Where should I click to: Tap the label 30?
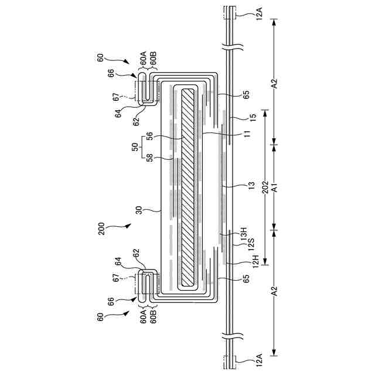tap(139, 210)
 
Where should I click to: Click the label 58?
tap(149, 157)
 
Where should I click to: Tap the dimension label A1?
tap(274, 186)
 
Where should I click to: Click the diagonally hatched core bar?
tap(188, 187)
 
